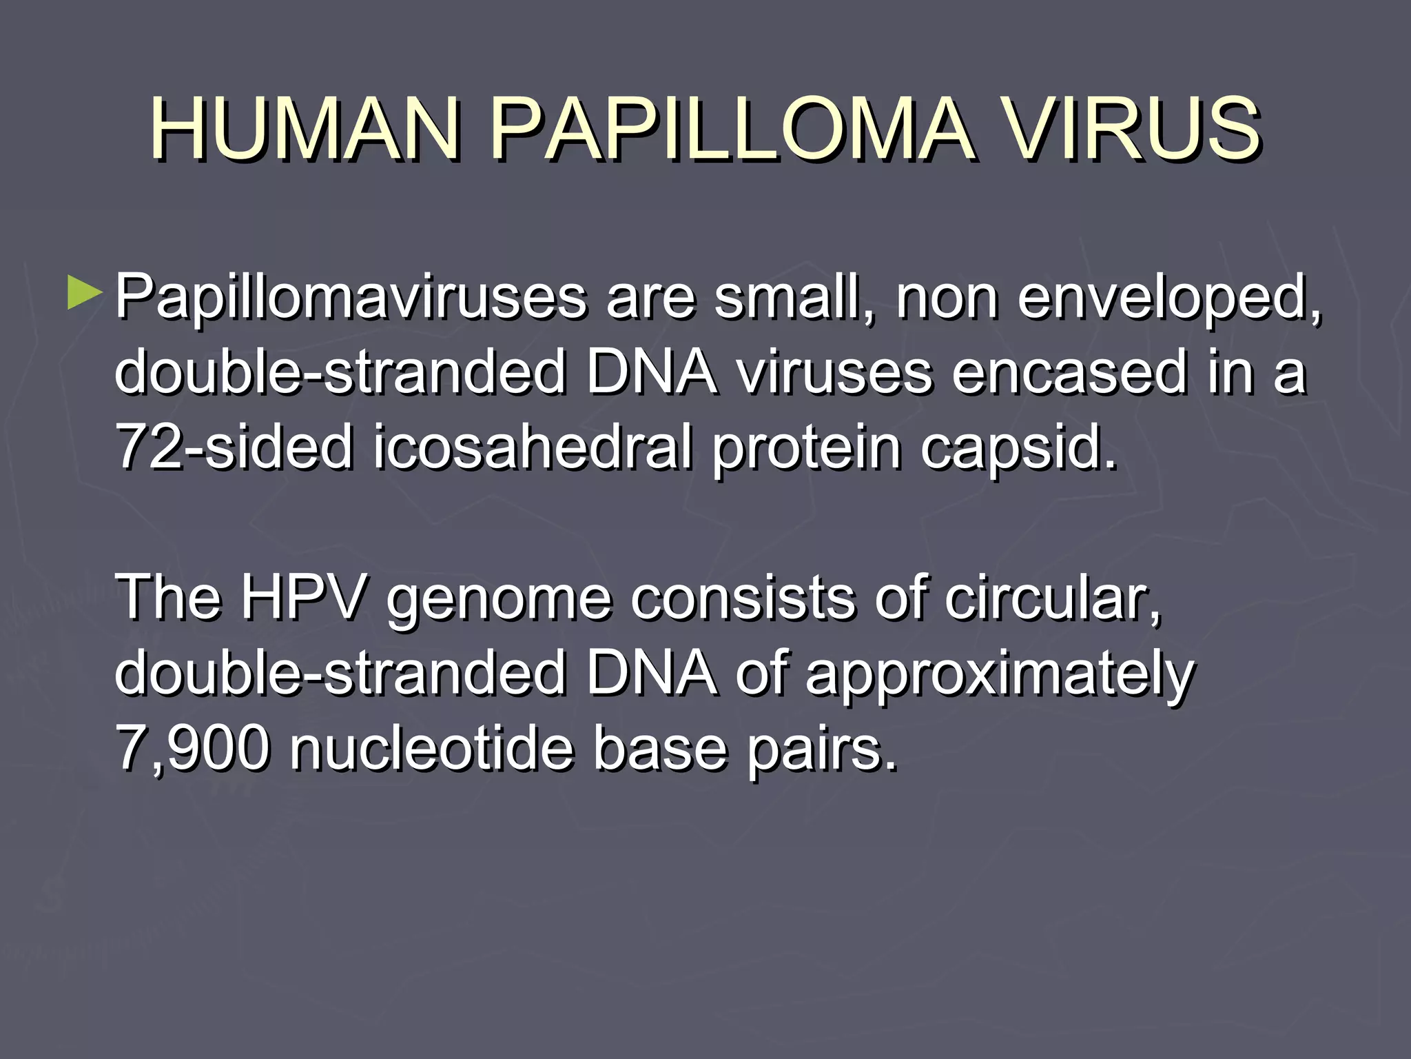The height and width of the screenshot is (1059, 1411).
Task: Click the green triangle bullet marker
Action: (x=85, y=292)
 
